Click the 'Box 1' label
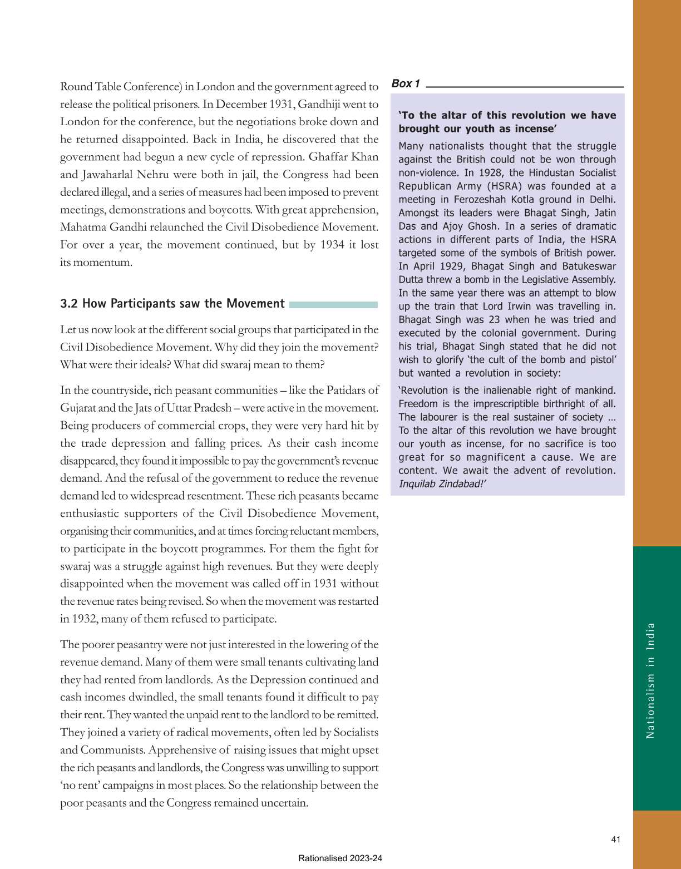click(x=406, y=83)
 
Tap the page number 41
click(x=615, y=840)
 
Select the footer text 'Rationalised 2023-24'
click(x=340, y=858)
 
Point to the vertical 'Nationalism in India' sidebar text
click(x=650, y=680)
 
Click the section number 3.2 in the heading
click(x=69, y=303)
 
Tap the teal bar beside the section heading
click(x=333, y=304)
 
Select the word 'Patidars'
click(x=347, y=390)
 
